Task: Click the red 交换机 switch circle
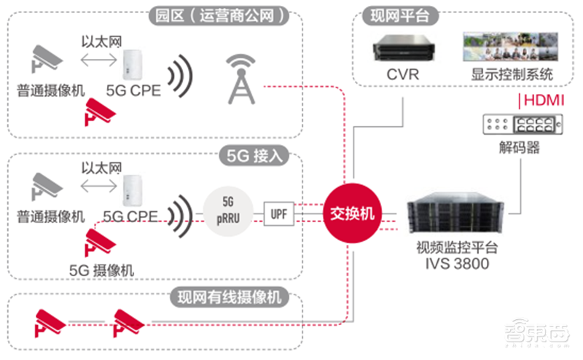353,214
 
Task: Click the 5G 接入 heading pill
254,155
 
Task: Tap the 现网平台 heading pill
394,15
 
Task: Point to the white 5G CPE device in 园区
131,65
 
